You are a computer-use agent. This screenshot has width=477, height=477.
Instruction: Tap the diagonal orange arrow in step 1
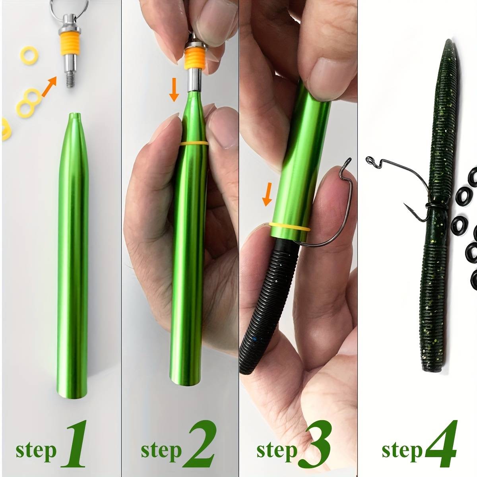pyautogui.click(x=49, y=86)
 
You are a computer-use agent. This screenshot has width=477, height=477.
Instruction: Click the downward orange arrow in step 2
pyautogui.click(x=174, y=90)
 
